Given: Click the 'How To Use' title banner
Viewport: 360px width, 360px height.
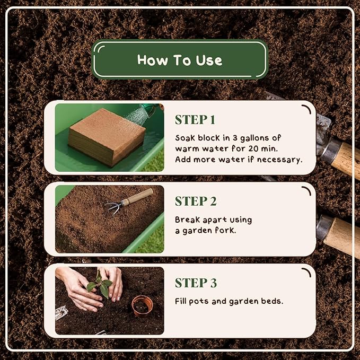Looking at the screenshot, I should (180, 60).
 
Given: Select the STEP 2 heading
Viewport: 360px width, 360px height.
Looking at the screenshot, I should (196, 201).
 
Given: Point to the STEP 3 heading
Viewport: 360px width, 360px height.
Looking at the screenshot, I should (196, 283).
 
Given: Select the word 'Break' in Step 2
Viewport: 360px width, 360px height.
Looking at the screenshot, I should (186, 219).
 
